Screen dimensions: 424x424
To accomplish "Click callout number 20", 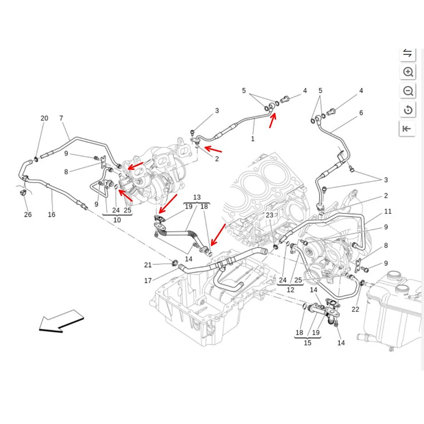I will point(44,118).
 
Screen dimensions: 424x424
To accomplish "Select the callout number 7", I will point(61,118).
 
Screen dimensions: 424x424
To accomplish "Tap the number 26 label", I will point(28,215).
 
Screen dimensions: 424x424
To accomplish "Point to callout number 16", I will point(52,215).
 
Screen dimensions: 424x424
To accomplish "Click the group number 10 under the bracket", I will point(117,220).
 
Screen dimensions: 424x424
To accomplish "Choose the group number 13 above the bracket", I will point(197,197).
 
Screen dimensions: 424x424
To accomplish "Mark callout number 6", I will point(361,113).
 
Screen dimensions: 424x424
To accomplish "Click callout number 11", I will point(388,212).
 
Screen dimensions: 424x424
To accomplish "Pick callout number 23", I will point(269,215).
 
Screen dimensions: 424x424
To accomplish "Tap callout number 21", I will point(148,265).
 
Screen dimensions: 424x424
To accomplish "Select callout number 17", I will point(148,280).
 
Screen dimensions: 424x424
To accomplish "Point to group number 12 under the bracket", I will point(290,290).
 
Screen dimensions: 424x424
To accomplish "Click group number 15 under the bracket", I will point(307,343).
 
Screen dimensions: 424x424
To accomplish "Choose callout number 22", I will point(356,309).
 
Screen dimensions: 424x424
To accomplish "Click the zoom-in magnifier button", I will point(408,72).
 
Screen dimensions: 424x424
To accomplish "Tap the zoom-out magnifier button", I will point(408,91).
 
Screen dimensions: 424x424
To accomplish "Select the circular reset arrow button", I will point(408,110).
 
